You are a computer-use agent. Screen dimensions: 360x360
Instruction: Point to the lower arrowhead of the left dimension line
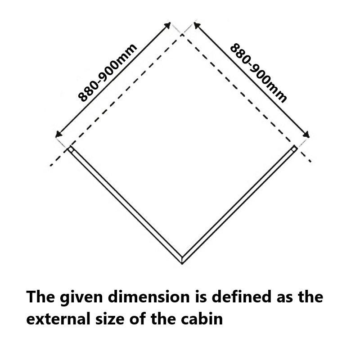pos(57,135)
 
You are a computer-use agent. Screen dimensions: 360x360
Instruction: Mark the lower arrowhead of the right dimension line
pos(307,135)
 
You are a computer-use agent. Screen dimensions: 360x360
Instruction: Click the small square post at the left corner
pos(71,149)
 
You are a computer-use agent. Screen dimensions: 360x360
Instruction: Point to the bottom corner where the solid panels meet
pos(182,261)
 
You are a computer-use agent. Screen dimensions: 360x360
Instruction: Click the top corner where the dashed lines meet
pos(182,34)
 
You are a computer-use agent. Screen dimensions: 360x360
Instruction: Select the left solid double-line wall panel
pos(126,205)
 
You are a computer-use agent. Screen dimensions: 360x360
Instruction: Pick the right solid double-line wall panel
pos(238,205)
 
